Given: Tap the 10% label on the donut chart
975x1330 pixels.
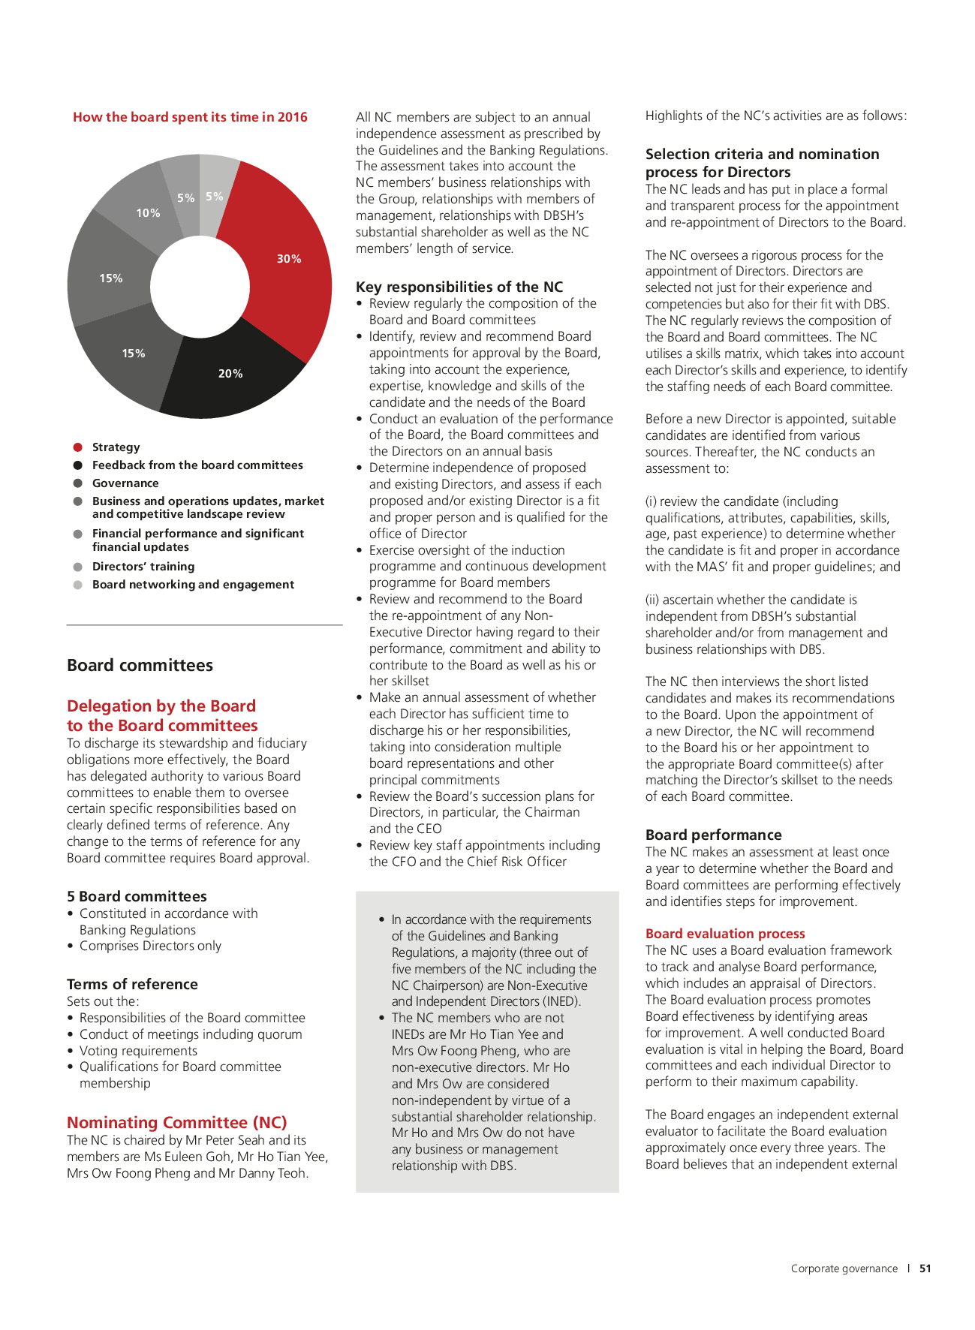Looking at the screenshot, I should (148, 213).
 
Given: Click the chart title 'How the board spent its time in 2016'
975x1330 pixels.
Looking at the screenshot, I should (190, 117).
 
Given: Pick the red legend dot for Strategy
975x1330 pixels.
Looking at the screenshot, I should (77, 447).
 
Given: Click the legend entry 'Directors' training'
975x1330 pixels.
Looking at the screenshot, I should (143, 567).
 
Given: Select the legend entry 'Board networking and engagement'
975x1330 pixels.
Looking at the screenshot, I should (193, 585).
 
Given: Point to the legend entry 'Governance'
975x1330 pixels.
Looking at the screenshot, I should (125, 483).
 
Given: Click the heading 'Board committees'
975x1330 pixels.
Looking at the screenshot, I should (140, 665).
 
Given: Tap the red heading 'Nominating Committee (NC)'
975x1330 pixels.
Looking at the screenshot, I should (177, 1122).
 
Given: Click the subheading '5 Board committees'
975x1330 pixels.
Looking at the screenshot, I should (137, 896).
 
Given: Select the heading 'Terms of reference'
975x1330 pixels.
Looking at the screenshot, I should (132, 984).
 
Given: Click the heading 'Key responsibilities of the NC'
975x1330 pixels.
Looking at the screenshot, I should (459, 287).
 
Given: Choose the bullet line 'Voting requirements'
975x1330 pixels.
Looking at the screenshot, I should (138, 1051).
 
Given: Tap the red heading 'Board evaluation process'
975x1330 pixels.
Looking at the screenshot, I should (725, 934).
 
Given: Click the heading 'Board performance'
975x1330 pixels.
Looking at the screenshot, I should (713, 835).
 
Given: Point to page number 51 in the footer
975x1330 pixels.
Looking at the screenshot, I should (925, 1268).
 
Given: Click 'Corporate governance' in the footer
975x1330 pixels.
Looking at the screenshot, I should (844, 1268).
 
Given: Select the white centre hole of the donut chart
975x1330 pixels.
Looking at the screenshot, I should (200, 286).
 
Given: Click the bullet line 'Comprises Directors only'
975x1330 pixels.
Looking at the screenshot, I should (150, 946).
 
